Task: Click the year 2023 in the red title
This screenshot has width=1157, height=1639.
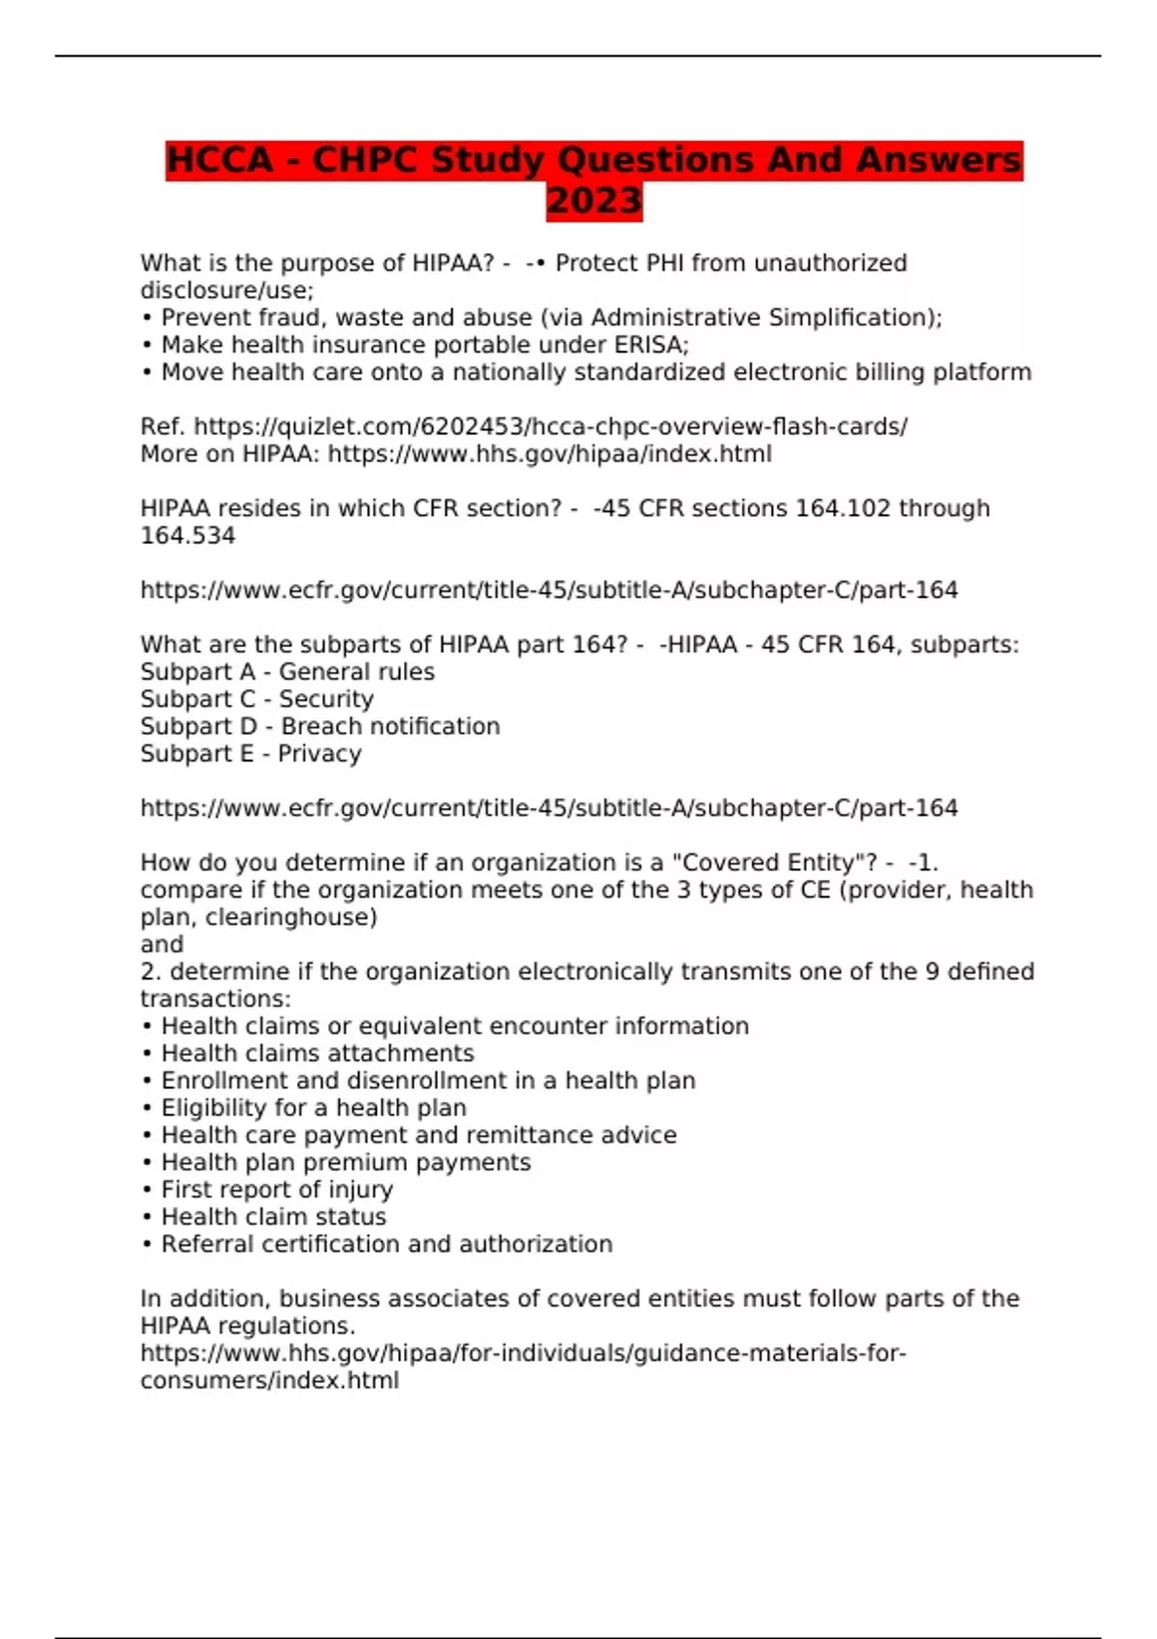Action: click(x=594, y=202)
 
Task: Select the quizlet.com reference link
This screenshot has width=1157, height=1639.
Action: click(x=551, y=426)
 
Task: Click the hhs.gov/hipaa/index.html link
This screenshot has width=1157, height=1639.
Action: click(x=550, y=454)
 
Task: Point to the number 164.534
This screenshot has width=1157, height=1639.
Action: click(x=188, y=536)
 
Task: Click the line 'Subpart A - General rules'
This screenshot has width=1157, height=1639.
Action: click(x=287, y=672)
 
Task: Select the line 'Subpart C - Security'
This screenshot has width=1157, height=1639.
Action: click(x=256, y=699)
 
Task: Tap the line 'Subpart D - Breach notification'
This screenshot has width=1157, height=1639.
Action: click(x=320, y=726)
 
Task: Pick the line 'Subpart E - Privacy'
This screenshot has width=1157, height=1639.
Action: click(x=251, y=754)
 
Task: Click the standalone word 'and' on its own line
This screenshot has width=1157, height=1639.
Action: click(x=162, y=944)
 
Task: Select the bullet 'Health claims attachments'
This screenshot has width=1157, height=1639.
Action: click(x=317, y=1053)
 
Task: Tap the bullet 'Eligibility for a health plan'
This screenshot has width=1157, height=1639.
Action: click(x=313, y=1108)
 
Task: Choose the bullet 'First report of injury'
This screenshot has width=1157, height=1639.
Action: click(x=277, y=1190)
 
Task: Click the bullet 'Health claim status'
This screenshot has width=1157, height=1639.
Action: click(x=273, y=1217)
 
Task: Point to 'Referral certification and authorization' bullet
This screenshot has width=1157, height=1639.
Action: click(x=387, y=1244)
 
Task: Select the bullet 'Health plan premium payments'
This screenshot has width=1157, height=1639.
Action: click(x=345, y=1163)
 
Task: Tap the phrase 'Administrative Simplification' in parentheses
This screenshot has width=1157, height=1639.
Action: click(x=759, y=317)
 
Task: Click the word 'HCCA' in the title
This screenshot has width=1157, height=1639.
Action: click(x=220, y=160)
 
